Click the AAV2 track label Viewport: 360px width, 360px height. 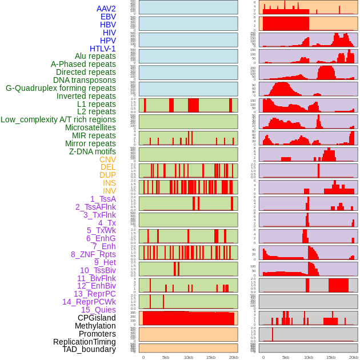click(106, 9)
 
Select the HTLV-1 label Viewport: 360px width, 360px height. click(103, 49)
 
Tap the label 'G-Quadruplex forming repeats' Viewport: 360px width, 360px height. click(61, 88)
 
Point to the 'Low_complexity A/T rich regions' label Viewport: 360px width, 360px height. click(58, 119)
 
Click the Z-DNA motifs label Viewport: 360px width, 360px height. click(93, 151)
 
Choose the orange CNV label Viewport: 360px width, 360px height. click(107, 159)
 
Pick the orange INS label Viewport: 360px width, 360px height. click(109, 183)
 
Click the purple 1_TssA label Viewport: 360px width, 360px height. click(103, 199)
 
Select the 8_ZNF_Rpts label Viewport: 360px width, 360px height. click(93, 254)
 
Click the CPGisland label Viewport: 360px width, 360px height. click(97, 318)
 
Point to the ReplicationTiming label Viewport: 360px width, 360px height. click(85, 342)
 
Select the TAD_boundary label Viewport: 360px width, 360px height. click(89, 349)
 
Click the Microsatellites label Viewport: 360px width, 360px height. click(90, 127)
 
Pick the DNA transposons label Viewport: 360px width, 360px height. click(85, 80)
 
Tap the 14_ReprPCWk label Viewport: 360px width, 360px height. click(89, 302)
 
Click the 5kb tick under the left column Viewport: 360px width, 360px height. click(166, 358)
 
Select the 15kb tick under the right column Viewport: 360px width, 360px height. click(330, 358)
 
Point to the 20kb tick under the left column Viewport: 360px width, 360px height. click(233, 358)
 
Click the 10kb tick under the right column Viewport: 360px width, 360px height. click(309, 358)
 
